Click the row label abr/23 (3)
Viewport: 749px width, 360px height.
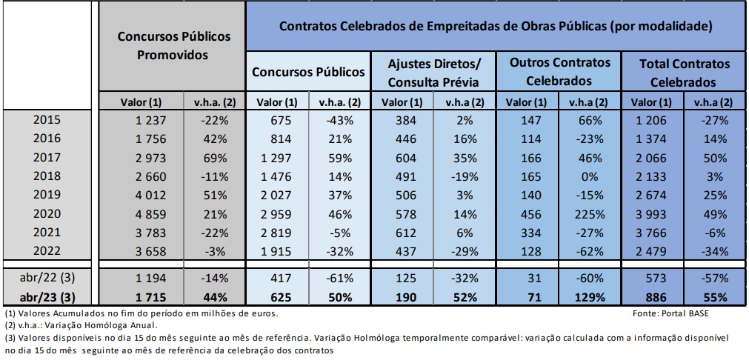tap(48, 298)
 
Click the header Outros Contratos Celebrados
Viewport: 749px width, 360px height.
tap(560, 72)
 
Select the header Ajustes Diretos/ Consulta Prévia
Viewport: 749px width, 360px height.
tap(434, 72)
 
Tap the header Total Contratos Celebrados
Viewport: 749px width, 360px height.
tap(685, 72)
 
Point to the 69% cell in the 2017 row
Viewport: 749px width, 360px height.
tap(205, 159)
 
